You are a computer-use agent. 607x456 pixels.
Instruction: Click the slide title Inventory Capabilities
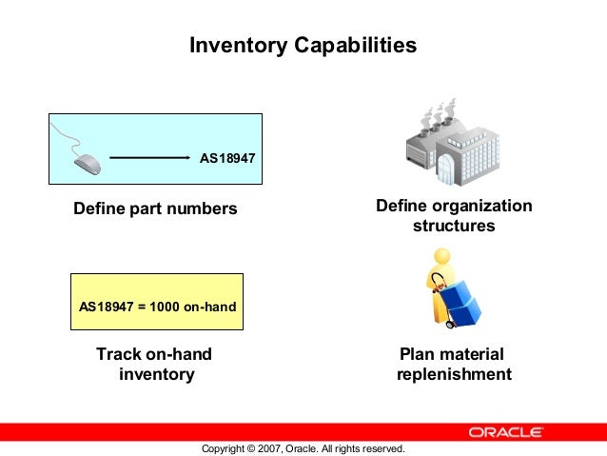coord(303,45)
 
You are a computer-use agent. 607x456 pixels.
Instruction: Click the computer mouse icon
coord(88,163)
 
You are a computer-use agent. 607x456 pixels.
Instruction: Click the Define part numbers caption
coord(155,208)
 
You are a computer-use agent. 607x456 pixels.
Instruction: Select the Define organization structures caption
coord(454,216)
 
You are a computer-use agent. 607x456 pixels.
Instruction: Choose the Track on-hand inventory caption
coord(155,365)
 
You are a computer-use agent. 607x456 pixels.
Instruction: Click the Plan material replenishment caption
coord(453,365)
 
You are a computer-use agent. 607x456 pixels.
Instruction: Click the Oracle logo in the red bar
coord(507,431)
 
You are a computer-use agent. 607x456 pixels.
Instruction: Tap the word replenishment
coord(453,374)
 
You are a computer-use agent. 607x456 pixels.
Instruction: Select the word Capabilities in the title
coord(365,45)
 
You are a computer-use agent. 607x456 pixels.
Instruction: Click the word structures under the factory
coord(454,227)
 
